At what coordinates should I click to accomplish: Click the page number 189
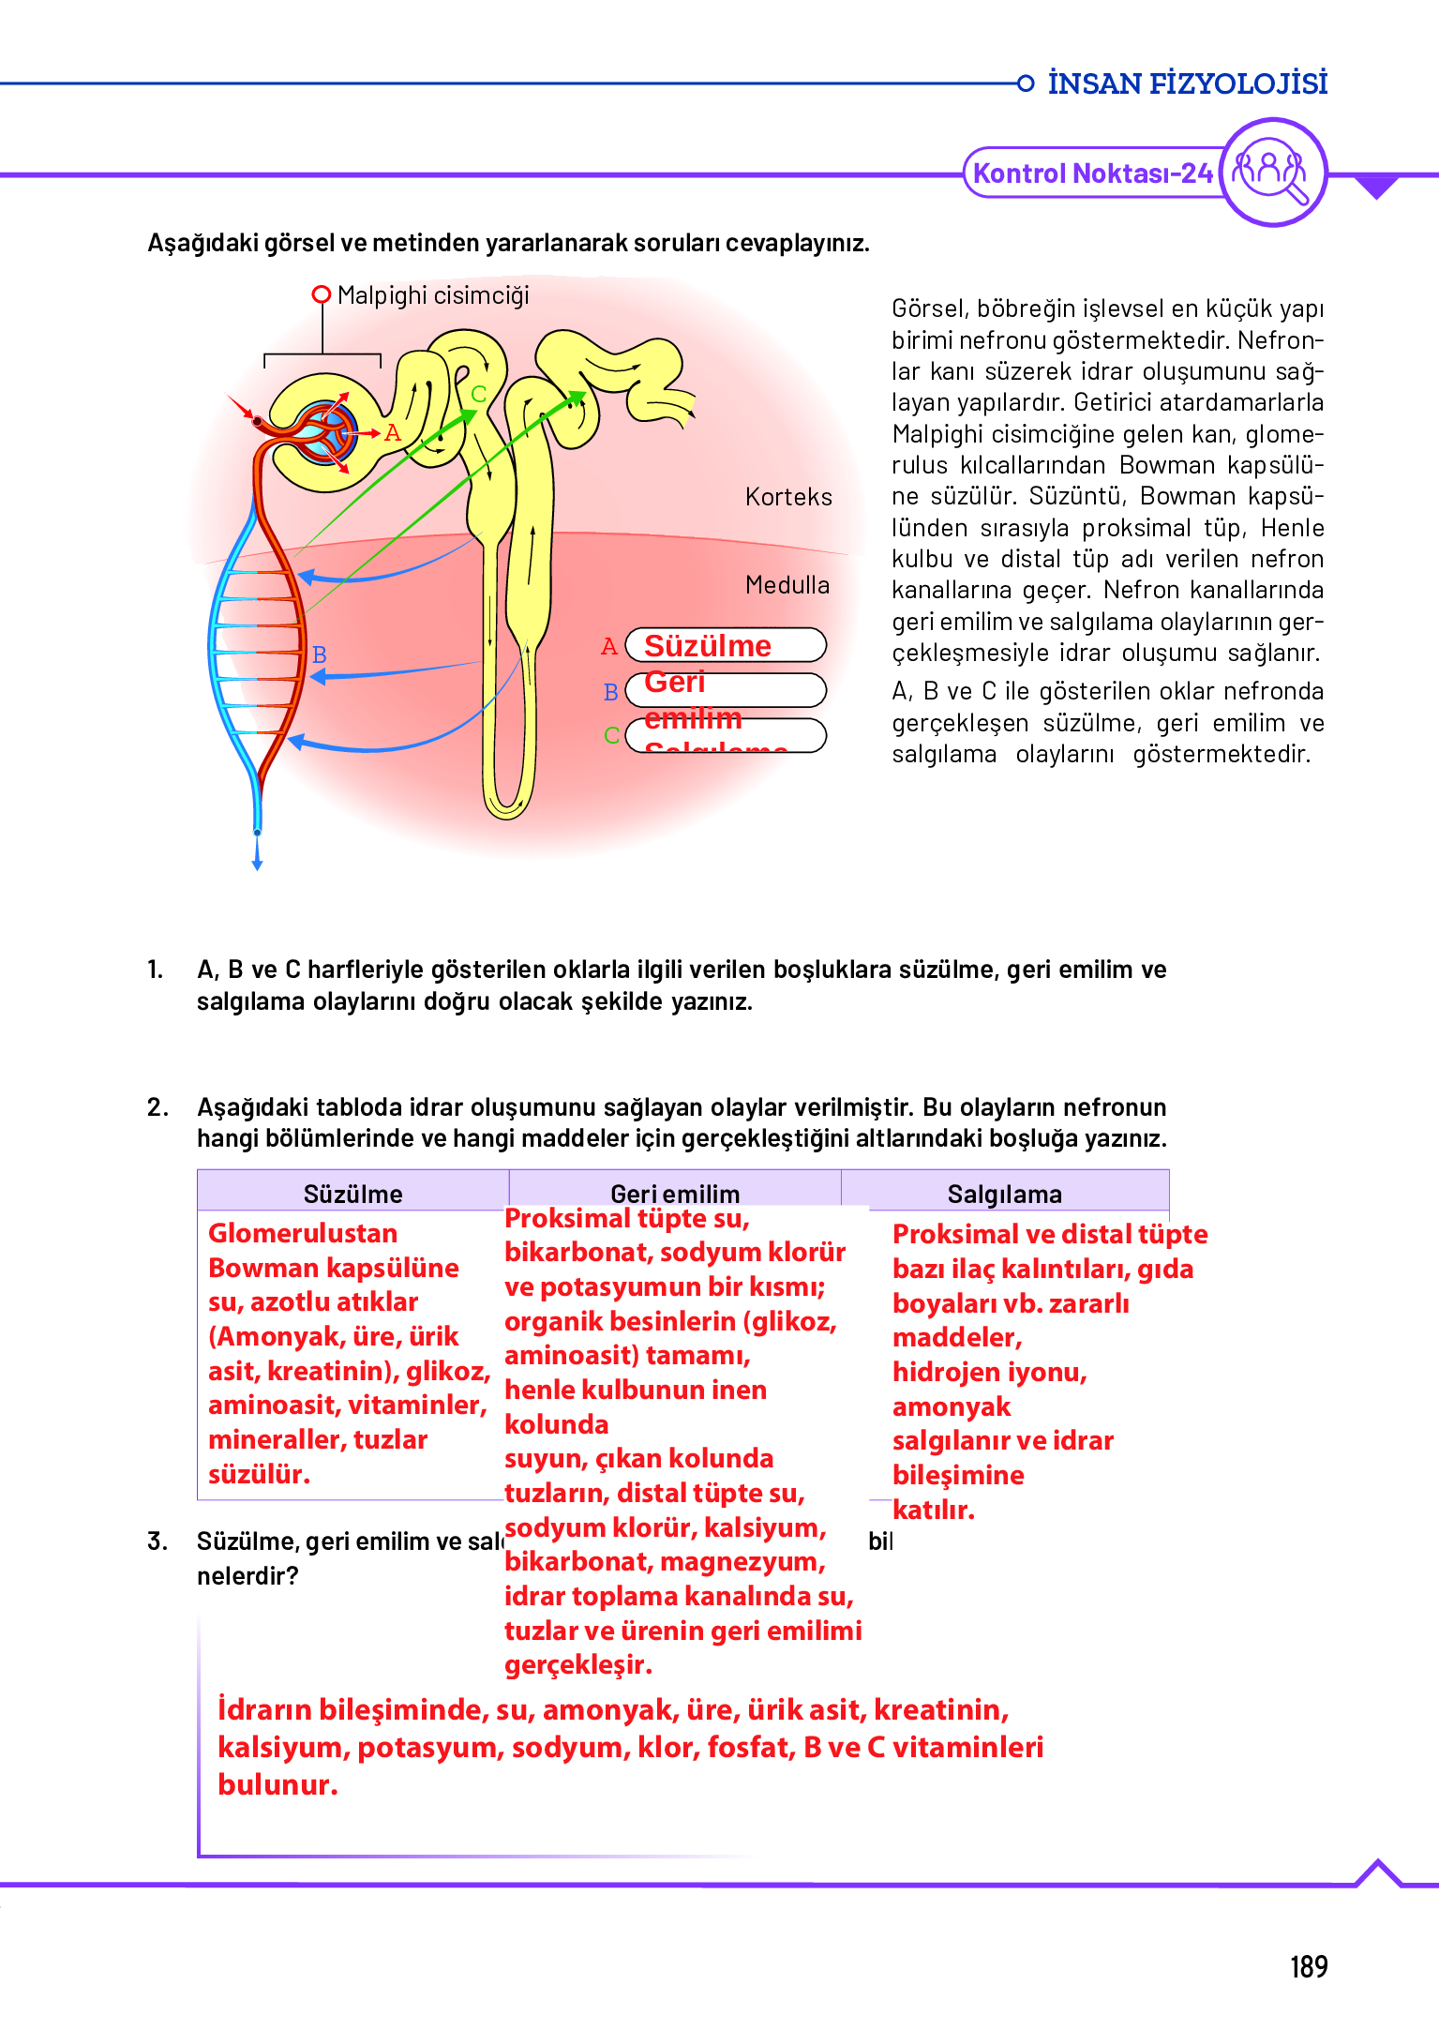point(1309,1966)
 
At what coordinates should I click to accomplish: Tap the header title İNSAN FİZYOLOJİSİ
point(1187,83)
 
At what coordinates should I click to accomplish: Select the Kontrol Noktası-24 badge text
point(1093,173)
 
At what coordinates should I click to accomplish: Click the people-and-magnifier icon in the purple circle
point(1271,172)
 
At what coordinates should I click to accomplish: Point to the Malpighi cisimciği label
point(433,295)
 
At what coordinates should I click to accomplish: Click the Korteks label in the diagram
point(788,497)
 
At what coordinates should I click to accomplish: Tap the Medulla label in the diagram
point(787,585)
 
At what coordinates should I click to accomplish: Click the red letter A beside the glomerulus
point(393,433)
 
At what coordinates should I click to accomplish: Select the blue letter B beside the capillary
point(320,654)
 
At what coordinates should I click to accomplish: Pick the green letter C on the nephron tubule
point(479,394)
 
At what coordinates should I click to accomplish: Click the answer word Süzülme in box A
point(708,646)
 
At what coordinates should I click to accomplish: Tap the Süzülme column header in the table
point(352,1194)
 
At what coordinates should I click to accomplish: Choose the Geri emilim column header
point(675,1194)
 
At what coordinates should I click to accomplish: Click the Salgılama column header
point(1004,1194)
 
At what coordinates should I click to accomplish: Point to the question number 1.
point(156,970)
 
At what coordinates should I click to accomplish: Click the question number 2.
point(157,1107)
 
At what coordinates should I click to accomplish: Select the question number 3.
point(157,1541)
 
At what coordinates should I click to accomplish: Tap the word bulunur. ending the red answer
point(277,1784)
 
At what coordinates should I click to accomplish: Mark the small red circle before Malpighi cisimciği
point(322,294)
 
